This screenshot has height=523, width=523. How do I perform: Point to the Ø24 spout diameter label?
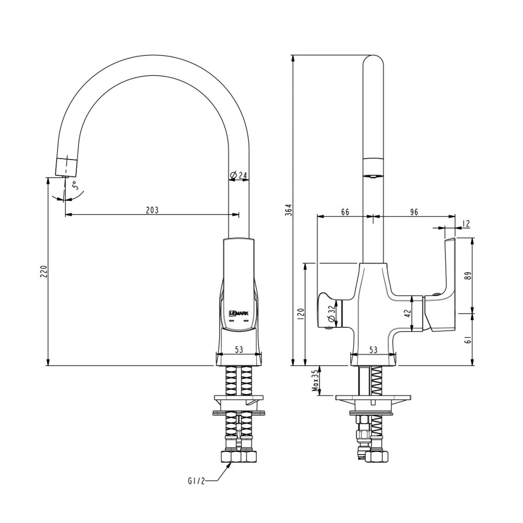click(x=239, y=175)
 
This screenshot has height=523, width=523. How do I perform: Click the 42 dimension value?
click(x=408, y=314)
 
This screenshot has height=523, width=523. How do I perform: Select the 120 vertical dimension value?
click(x=300, y=315)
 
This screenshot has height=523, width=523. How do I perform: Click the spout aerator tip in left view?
click(x=66, y=166)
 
